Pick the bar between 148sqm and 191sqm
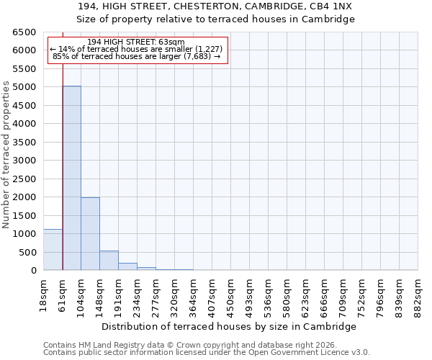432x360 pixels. pos(109,261)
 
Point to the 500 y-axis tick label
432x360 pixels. pos(27,252)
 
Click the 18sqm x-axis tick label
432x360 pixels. pos(44,294)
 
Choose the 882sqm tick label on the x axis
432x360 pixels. pos(418,294)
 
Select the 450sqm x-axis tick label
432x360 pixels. pos(231,294)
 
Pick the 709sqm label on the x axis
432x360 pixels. pos(343,294)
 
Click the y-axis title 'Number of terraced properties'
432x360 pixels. pos(7,155)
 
